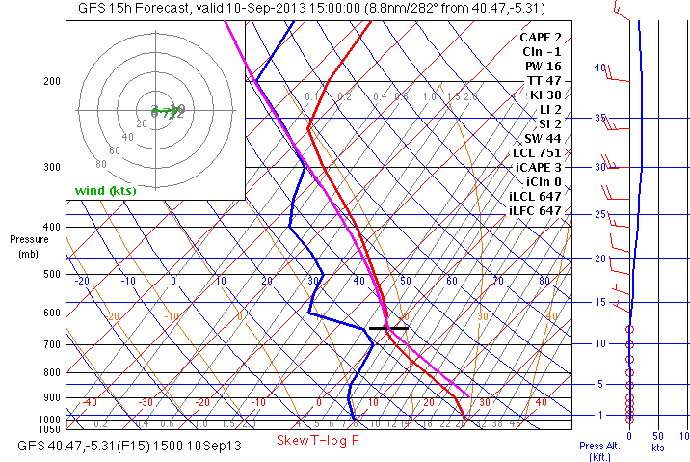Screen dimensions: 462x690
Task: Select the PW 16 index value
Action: click(x=543, y=66)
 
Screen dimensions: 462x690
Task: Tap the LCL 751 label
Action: click(x=536, y=152)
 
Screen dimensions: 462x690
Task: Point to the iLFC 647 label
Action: click(x=535, y=210)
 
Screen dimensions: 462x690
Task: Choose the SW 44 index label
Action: click(x=543, y=138)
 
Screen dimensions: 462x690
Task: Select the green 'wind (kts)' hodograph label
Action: click(x=106, y=190)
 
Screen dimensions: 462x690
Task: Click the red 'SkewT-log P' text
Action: click(x=318, y=440)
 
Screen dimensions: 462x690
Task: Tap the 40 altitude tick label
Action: click(x=599, y=68)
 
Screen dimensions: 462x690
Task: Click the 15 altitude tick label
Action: click(x=598, y=303)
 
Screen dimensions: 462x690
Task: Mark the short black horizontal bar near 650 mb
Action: click(x=388, y=328)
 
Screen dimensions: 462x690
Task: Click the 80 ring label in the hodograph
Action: click(x=102, y=164)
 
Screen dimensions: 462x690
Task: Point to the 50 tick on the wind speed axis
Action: click(x=658, y=436)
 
